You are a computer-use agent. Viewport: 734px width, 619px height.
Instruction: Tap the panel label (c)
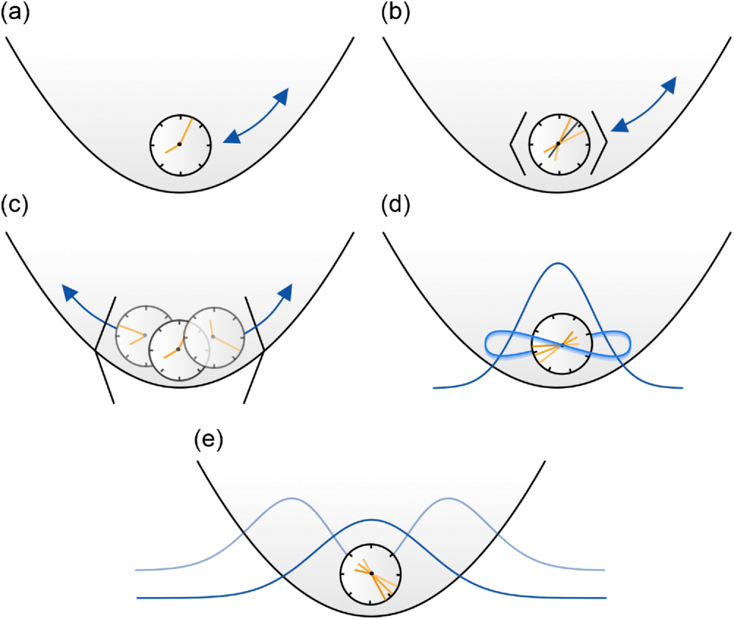[15, 205]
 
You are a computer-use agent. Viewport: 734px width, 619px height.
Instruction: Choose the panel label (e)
[208, 441]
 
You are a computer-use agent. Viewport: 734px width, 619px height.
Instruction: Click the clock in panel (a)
[180, 144]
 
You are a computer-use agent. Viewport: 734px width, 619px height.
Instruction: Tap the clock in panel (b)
[559, 144]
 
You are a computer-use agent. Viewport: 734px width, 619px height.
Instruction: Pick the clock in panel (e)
[371, 573]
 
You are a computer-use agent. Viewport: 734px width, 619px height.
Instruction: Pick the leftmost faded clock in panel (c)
[145, 334]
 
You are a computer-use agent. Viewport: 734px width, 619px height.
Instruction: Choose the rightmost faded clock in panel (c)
[213, 336]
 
